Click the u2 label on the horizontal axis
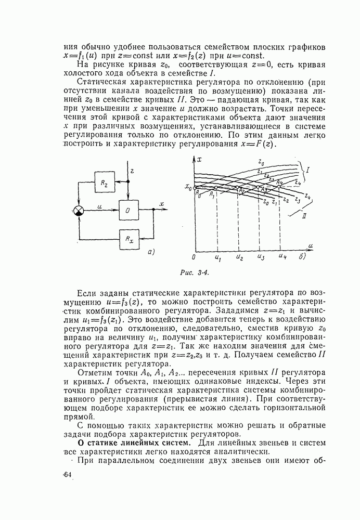pos(239,257)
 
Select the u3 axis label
pos(260,257)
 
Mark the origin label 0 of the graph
pos(193,257)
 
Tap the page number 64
pos(67,475)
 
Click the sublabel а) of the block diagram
pos(151,252)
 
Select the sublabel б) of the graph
pos(302,256)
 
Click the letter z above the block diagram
pos(132,170)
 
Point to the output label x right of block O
pos(162,204)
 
